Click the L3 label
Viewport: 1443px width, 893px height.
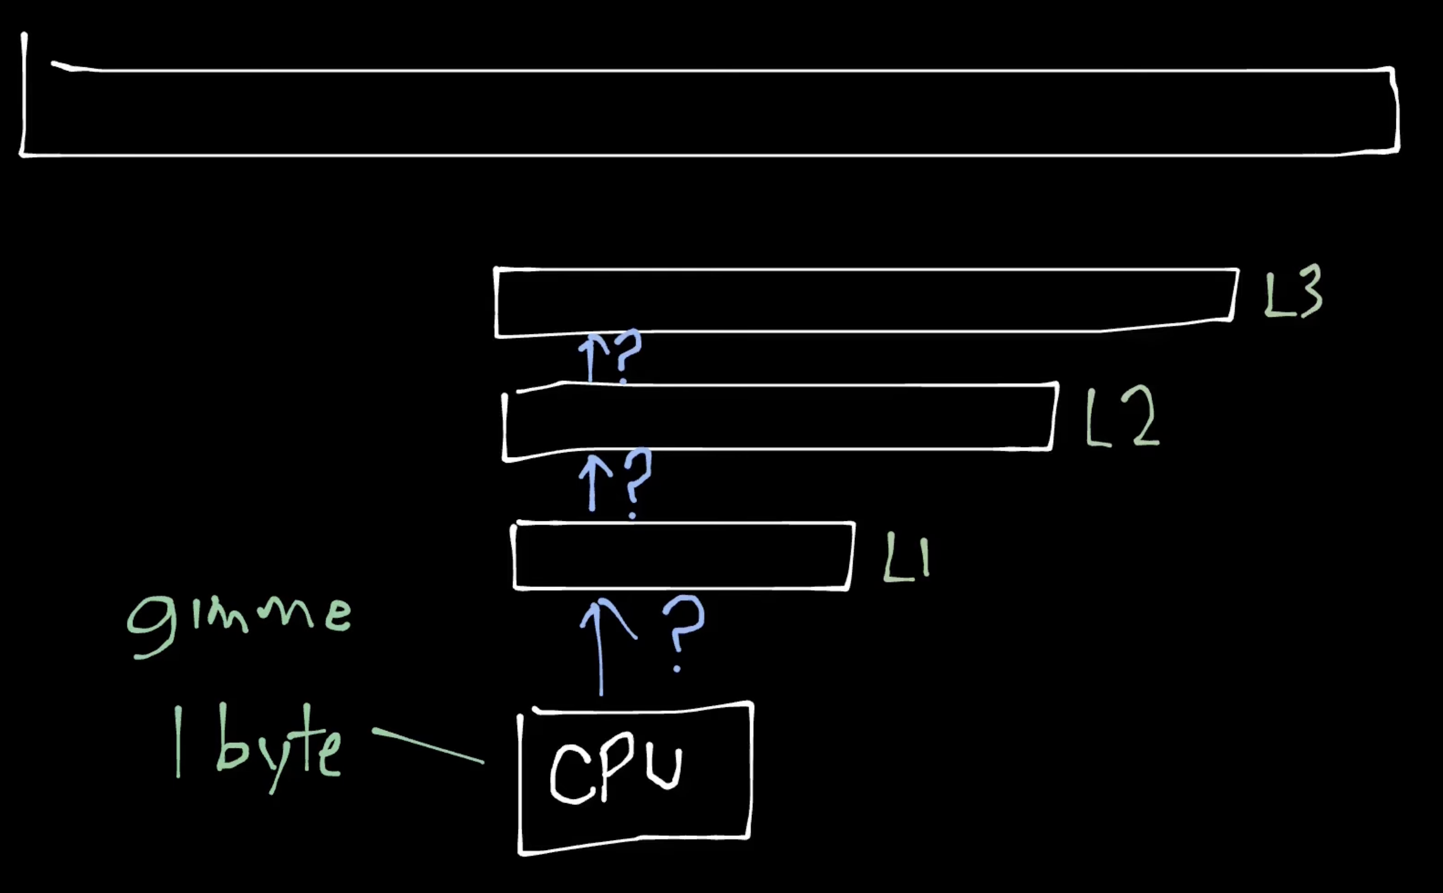pyautogui.click(x=1292, y=292)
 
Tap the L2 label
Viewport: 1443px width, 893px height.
pyautogui.click(x=1122, y=417)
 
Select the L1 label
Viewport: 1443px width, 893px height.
pyautogui.click(x=906, y=557)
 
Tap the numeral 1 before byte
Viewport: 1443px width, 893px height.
pyautogui.click(x=177, y=741)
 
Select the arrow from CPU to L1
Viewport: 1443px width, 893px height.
pyautogui.click(x=600, y=649)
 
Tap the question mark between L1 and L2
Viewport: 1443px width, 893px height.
pyautogui.click(x=637, y=479)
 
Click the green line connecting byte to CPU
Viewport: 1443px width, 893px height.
pyautogui.click(x=427, y=745)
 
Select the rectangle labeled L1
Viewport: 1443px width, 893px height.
pyautogui.click(x=682, y=556)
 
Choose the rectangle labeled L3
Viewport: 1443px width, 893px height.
pyautogui.click(x=863, y=301)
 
